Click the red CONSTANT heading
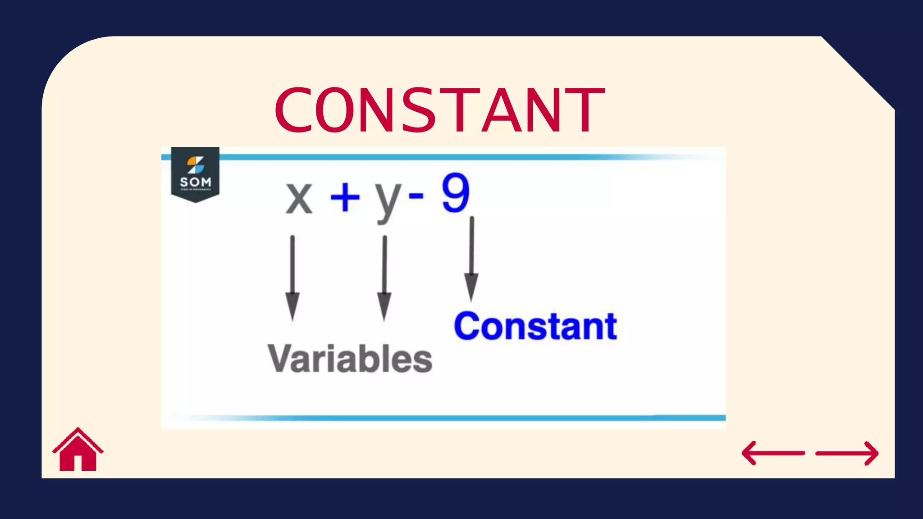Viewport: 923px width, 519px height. click(x=440, y=110)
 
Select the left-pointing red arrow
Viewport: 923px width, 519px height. click(x=773, y=453)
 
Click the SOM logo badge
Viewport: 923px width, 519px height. click(x=195, y=174)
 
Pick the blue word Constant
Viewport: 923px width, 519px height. click(x=535, y=326)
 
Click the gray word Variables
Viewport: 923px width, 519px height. click(x=350, y=359)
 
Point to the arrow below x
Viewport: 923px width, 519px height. click(x=292, y=277)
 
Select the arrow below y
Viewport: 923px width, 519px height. click(x=384, y=277)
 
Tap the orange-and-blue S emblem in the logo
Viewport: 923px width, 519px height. click(x=196, y=165)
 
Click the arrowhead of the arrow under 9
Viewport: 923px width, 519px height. click(x=471, y=287)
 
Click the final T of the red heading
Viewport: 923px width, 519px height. click(x=586, y=110)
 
